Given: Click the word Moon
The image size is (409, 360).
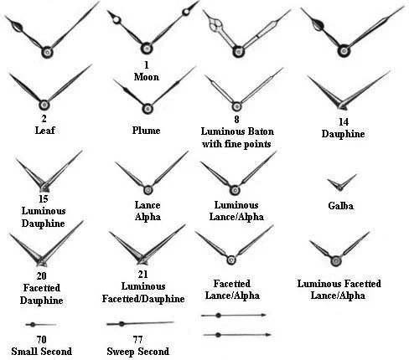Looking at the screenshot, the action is tap(147, 77).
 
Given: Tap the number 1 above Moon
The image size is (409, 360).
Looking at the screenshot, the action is tap(147, 65).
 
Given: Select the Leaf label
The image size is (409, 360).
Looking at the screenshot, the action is tap(44, 130).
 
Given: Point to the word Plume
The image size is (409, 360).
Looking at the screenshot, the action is tap(146, 131).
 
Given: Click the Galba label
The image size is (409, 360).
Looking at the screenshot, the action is tap(341, 206).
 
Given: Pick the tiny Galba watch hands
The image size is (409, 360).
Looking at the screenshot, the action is tap(341, 183).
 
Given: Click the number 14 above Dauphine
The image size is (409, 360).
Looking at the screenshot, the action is tap(344, 122).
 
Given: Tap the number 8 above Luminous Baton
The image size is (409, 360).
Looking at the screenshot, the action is tap(236, 120).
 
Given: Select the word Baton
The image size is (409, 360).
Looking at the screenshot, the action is tap(259, 131).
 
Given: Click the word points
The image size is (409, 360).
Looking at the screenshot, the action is tap(256, 144).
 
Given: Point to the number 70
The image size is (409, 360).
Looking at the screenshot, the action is tap(41, 339).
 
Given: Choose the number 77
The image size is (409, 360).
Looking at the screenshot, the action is tap(137, 339).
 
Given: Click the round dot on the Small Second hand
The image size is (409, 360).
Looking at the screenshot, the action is tap(33, 325).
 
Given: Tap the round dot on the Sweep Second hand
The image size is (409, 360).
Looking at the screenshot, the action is tap(122, 324).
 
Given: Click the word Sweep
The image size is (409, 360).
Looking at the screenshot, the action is tap(121, 352).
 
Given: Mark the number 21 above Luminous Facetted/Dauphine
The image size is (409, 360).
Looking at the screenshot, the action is tap(142, 275).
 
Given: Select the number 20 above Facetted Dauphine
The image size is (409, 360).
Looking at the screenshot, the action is tap(41, 276).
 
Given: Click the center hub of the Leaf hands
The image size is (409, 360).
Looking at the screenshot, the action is tap(44, 105).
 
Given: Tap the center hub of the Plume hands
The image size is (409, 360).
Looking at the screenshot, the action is tap(148, 109).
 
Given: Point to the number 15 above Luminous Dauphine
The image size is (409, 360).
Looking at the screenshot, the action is tap(44, 199).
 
